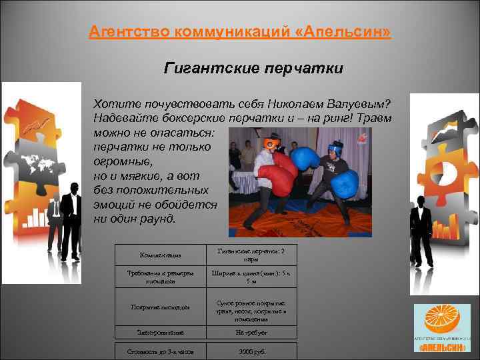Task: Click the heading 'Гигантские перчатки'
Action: point(253,68)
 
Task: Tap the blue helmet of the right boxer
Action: point(335,147)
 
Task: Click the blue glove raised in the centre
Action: point(305,159)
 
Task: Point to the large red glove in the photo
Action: point(275,176)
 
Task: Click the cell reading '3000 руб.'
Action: point(251,351)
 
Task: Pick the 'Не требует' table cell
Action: point(251,331)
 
